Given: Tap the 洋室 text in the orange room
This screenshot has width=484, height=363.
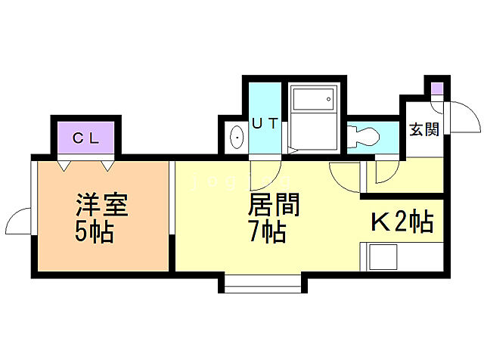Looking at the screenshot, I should coord(101,206).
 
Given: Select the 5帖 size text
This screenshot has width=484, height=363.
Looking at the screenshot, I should coord(94,232).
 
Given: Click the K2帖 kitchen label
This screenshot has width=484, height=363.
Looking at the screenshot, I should coord(401,222).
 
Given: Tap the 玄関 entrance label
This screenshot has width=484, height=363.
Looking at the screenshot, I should coord(423,129).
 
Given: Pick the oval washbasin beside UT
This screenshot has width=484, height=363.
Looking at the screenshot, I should coord(236,138).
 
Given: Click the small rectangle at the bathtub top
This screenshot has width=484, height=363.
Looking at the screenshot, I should coord(313,97).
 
